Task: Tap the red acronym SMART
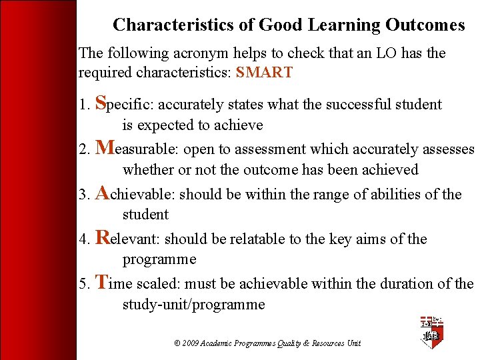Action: pos(264,73)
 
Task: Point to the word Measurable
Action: pos(137,149)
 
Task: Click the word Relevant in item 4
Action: pos(129,239)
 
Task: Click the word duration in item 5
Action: pos(409,284)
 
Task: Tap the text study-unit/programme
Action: pos(193,305)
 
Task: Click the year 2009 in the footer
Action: pos(191,343)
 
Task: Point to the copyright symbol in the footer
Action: pos(177,343)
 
